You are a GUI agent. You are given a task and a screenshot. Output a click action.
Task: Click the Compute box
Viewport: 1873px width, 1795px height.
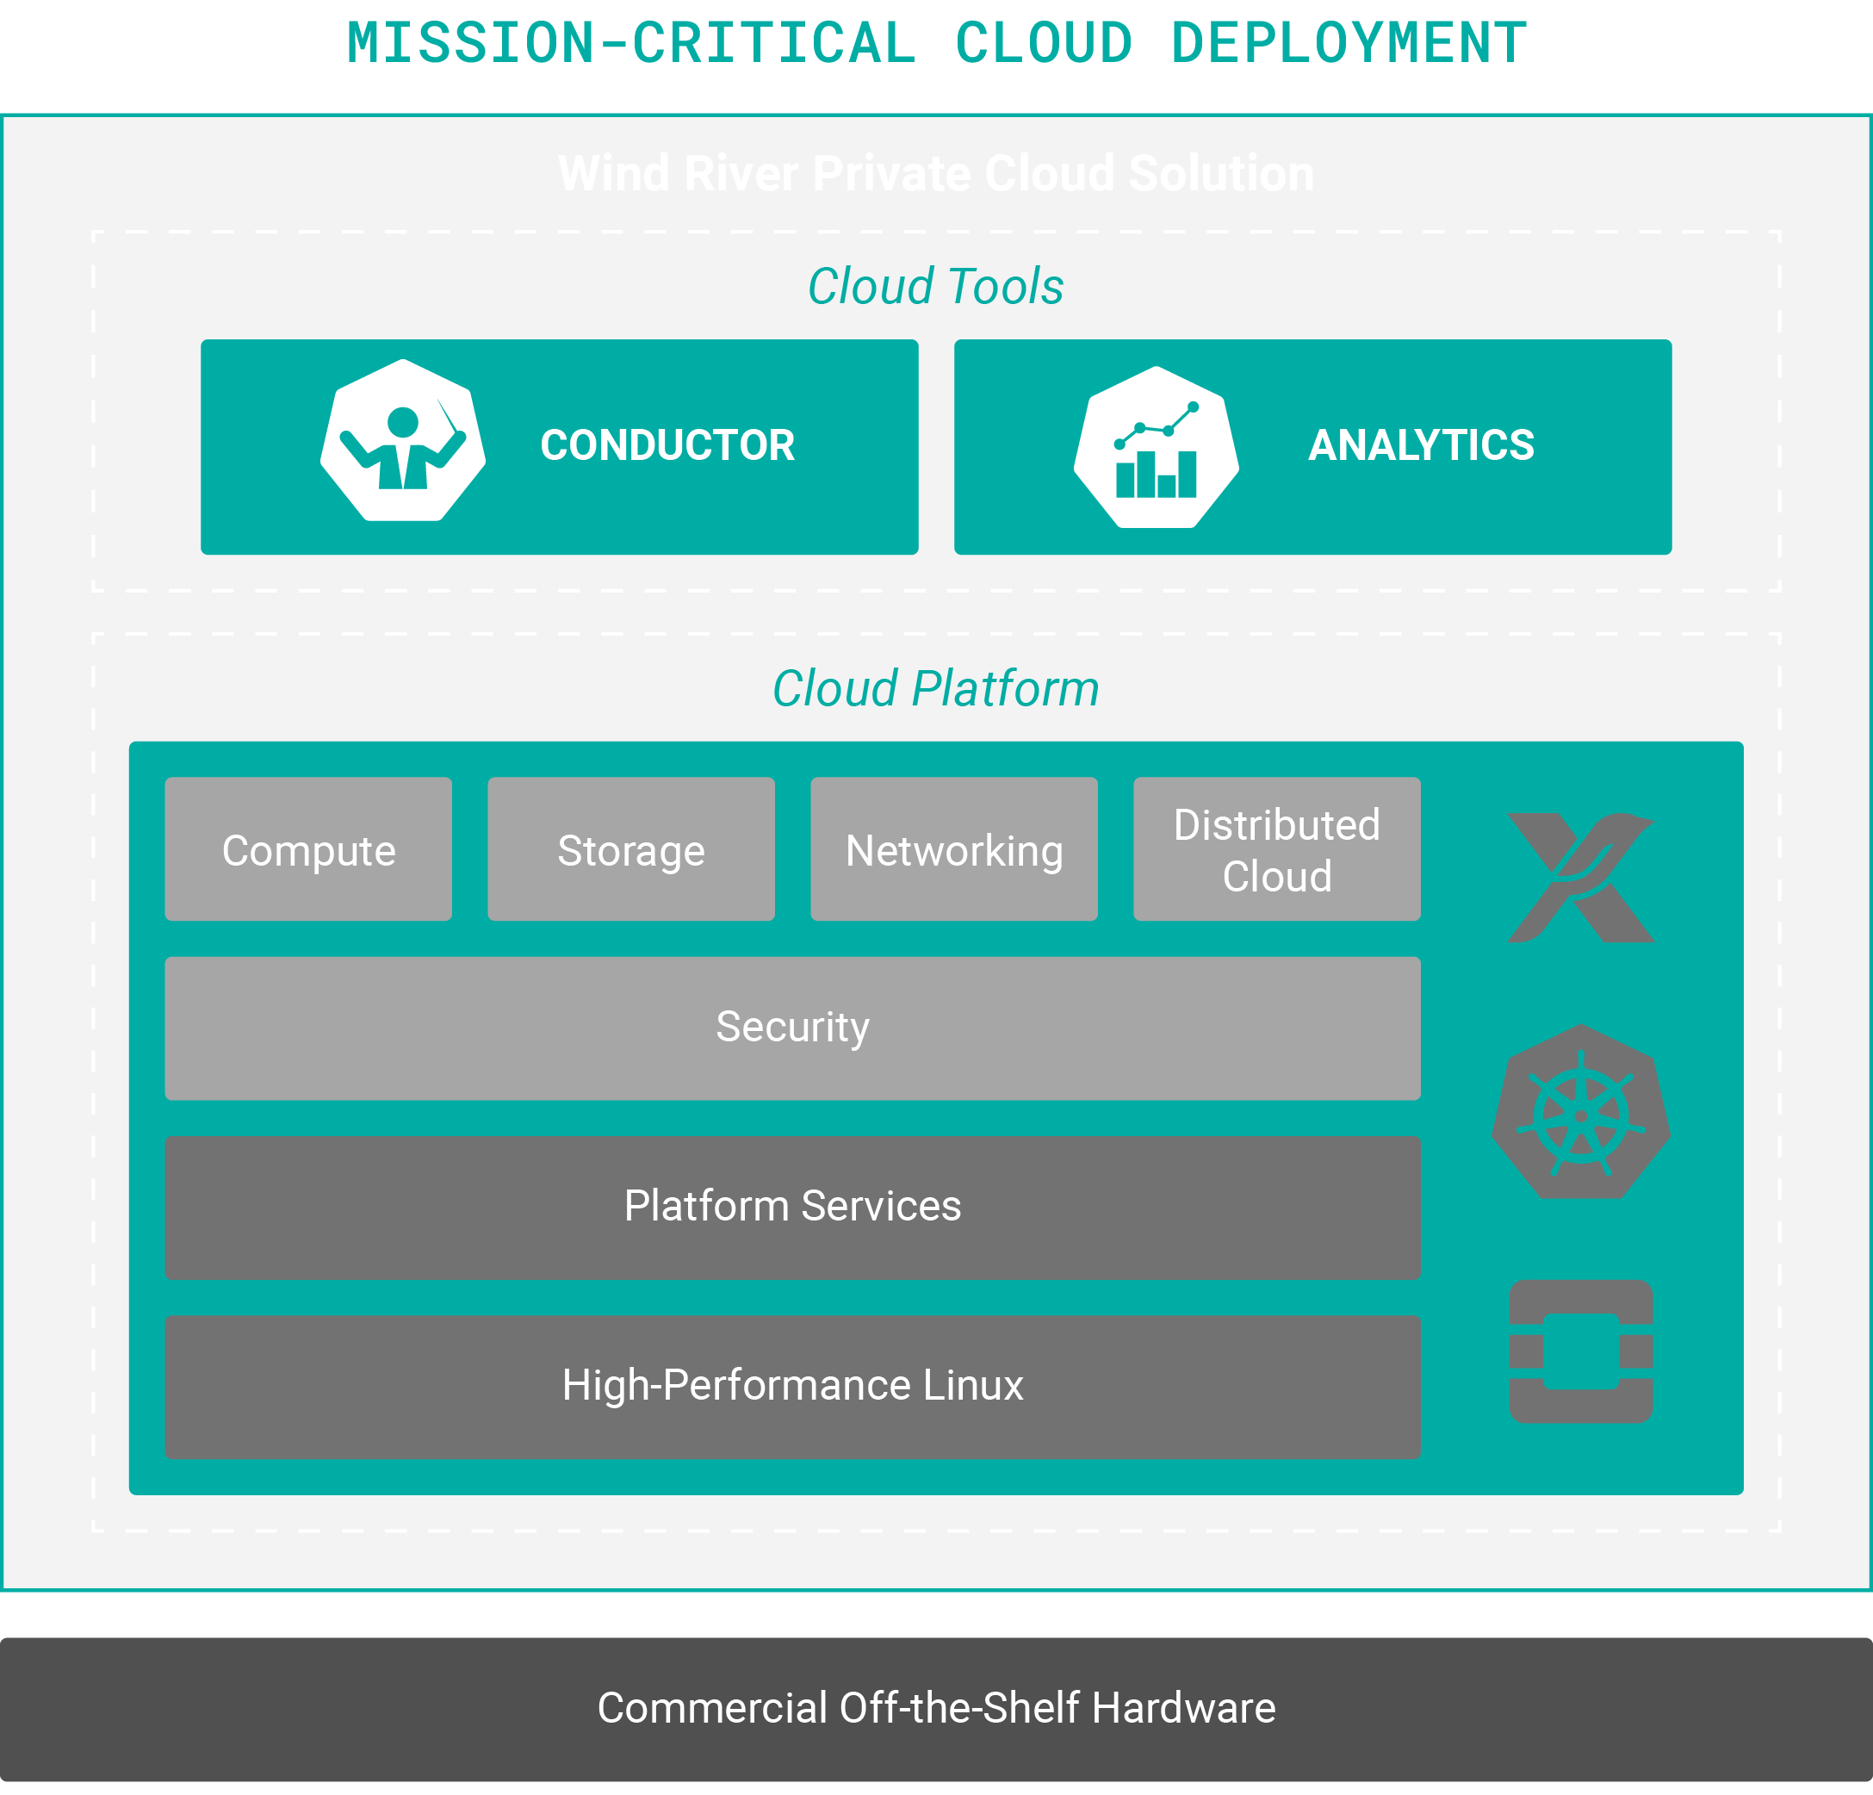click(307, 850)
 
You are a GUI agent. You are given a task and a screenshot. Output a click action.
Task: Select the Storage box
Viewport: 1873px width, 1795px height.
click(630, 850)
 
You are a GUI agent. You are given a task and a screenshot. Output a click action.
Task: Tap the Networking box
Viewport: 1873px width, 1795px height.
click(953, 850)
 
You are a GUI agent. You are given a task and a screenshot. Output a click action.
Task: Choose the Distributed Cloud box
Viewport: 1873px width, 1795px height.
click(1277, 850)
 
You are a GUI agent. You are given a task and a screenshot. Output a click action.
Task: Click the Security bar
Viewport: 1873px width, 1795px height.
click(792, 1028)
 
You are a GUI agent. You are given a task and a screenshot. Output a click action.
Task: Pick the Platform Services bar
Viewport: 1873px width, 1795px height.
click(792, 1206)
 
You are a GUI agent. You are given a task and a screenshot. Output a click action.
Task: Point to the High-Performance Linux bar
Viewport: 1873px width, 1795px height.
click(792, 1386)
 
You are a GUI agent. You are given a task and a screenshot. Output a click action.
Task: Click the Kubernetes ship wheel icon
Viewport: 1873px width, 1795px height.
click(1580, 1114)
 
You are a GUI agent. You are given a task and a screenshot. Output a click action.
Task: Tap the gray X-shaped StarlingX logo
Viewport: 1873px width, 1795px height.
click(1580, 878)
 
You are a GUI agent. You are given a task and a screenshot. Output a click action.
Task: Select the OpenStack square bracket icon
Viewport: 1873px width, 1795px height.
click(1580, 1351)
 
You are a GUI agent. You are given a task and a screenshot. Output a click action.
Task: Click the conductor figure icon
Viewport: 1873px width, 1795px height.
click(403, 442)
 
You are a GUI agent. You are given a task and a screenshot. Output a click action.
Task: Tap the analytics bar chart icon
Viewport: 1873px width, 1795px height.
click(1157, 447)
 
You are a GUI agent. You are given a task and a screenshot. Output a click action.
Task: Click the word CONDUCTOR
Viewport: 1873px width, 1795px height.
click(667, 445)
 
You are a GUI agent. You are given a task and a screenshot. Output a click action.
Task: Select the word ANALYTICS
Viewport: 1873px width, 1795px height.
click(1421, 445)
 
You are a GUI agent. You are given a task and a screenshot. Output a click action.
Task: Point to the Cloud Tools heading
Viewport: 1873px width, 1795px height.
click(935, 286)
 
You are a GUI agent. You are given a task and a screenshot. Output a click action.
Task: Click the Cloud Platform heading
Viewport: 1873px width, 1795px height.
click(935, 688)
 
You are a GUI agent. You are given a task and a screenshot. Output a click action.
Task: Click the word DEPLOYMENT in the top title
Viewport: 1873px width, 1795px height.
click(1349, 43)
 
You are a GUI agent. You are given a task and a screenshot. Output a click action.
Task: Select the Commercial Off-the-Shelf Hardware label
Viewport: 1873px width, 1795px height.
click(935, 1708)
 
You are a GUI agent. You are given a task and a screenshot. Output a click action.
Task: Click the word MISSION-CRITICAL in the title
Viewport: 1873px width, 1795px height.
click(630, 43)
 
